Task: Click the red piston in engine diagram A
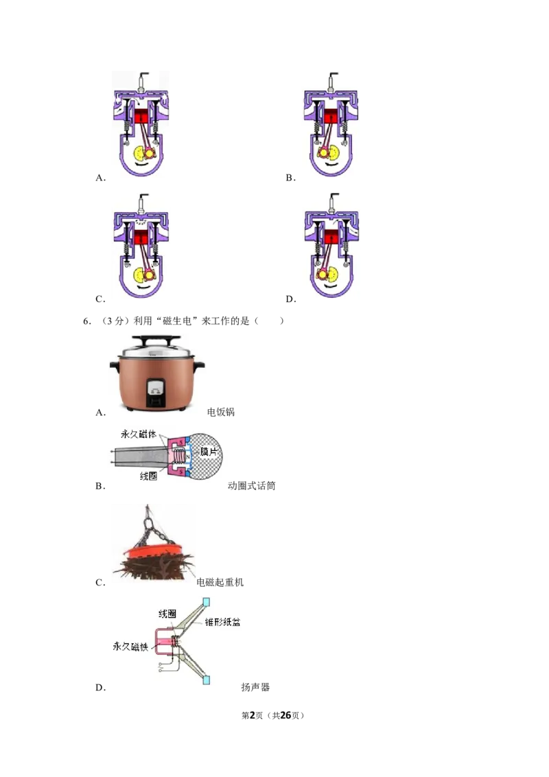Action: coord(141,117)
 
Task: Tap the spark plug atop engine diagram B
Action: coord(331,81)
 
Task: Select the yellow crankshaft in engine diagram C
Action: coord(139,275)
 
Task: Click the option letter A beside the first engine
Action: coord(101,178)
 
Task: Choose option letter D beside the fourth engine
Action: coord(291,299)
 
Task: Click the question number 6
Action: coord(86,321)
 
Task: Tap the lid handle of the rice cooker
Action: coord(156,340)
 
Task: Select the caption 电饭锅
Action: coord(220,413)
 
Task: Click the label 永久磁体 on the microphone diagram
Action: coord(138,434)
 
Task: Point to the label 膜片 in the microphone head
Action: coord(209,452)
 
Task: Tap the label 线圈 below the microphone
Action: coord(148,476)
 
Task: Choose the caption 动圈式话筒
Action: coord(251,486)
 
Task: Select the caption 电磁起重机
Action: coord(220,582)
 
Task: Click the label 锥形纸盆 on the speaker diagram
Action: coord(222,622)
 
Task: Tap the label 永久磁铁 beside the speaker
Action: coord(130,647)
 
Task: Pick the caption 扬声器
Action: coord(255,687)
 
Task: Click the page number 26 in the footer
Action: coord(285,715)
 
